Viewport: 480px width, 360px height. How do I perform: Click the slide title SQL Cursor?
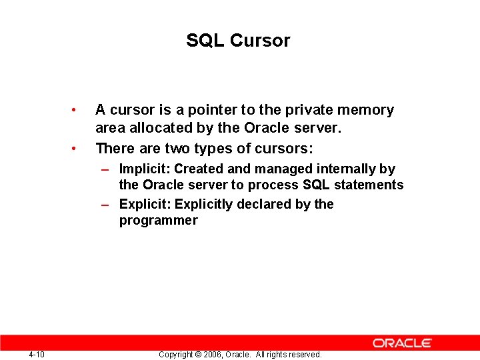pos(238,41)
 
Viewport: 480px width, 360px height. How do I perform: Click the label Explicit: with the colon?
pos(145,204)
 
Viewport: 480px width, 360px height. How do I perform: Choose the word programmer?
pos(158,221)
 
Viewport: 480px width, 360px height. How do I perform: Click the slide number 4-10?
pos(37,354)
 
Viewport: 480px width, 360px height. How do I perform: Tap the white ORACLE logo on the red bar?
pos(402,343)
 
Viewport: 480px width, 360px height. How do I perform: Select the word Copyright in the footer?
pos(176,355)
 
